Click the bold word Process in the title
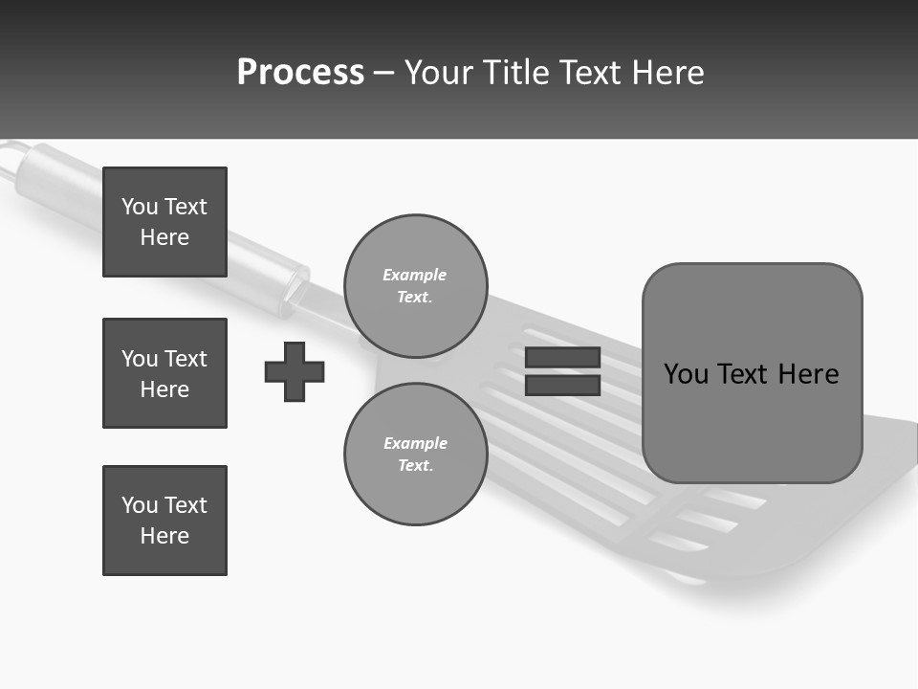[300, 73]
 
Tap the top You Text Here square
[164, 222]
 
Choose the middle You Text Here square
[164, 373]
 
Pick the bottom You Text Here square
[164, 521]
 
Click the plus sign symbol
[295, 371]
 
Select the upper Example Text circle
[415, 286]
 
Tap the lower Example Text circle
[415, 455]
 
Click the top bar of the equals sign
[562, 357]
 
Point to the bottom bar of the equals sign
[562, 386]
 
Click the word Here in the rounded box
[808, 374]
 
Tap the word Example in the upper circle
[415, 275]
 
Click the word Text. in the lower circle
[415, 466]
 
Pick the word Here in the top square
[164, 237]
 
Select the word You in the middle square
[140, 359]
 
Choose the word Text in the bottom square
[185, 505]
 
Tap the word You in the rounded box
[686, 374]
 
